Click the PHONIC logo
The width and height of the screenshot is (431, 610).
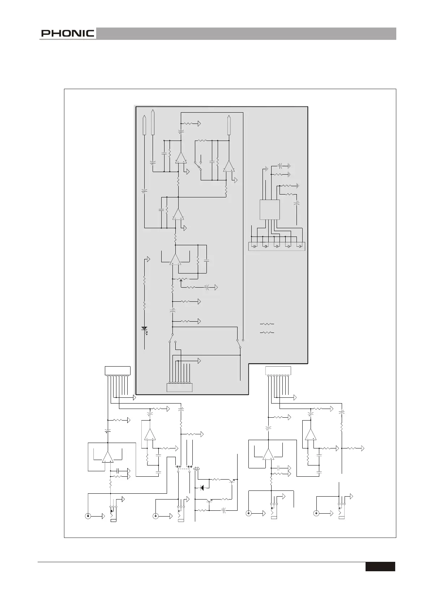pos(68,33)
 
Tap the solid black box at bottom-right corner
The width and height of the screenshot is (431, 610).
pos(380,567)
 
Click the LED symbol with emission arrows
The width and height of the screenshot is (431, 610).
pos(145,330)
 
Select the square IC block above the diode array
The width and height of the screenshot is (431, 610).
pos(270,210)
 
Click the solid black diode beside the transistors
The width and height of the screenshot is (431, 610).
pos(202,488)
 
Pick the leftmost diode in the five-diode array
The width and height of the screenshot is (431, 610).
pos(255,246)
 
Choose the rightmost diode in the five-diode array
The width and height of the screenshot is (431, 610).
pos(300,246)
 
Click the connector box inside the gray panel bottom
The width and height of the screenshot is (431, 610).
pos(179,388)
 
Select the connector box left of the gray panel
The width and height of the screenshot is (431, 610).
pos(118,371)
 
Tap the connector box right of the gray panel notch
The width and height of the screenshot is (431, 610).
pos(278,371)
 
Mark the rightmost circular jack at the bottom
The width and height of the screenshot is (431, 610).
pos(316,513)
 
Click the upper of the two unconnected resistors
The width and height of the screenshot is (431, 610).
pos(267,324)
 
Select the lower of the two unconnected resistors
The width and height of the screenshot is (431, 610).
pos(267,333)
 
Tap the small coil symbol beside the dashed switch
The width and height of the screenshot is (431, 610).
pos(196,469)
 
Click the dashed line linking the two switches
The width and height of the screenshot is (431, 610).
pos(184,469)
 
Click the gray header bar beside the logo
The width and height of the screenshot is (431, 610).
pos(246,33)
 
